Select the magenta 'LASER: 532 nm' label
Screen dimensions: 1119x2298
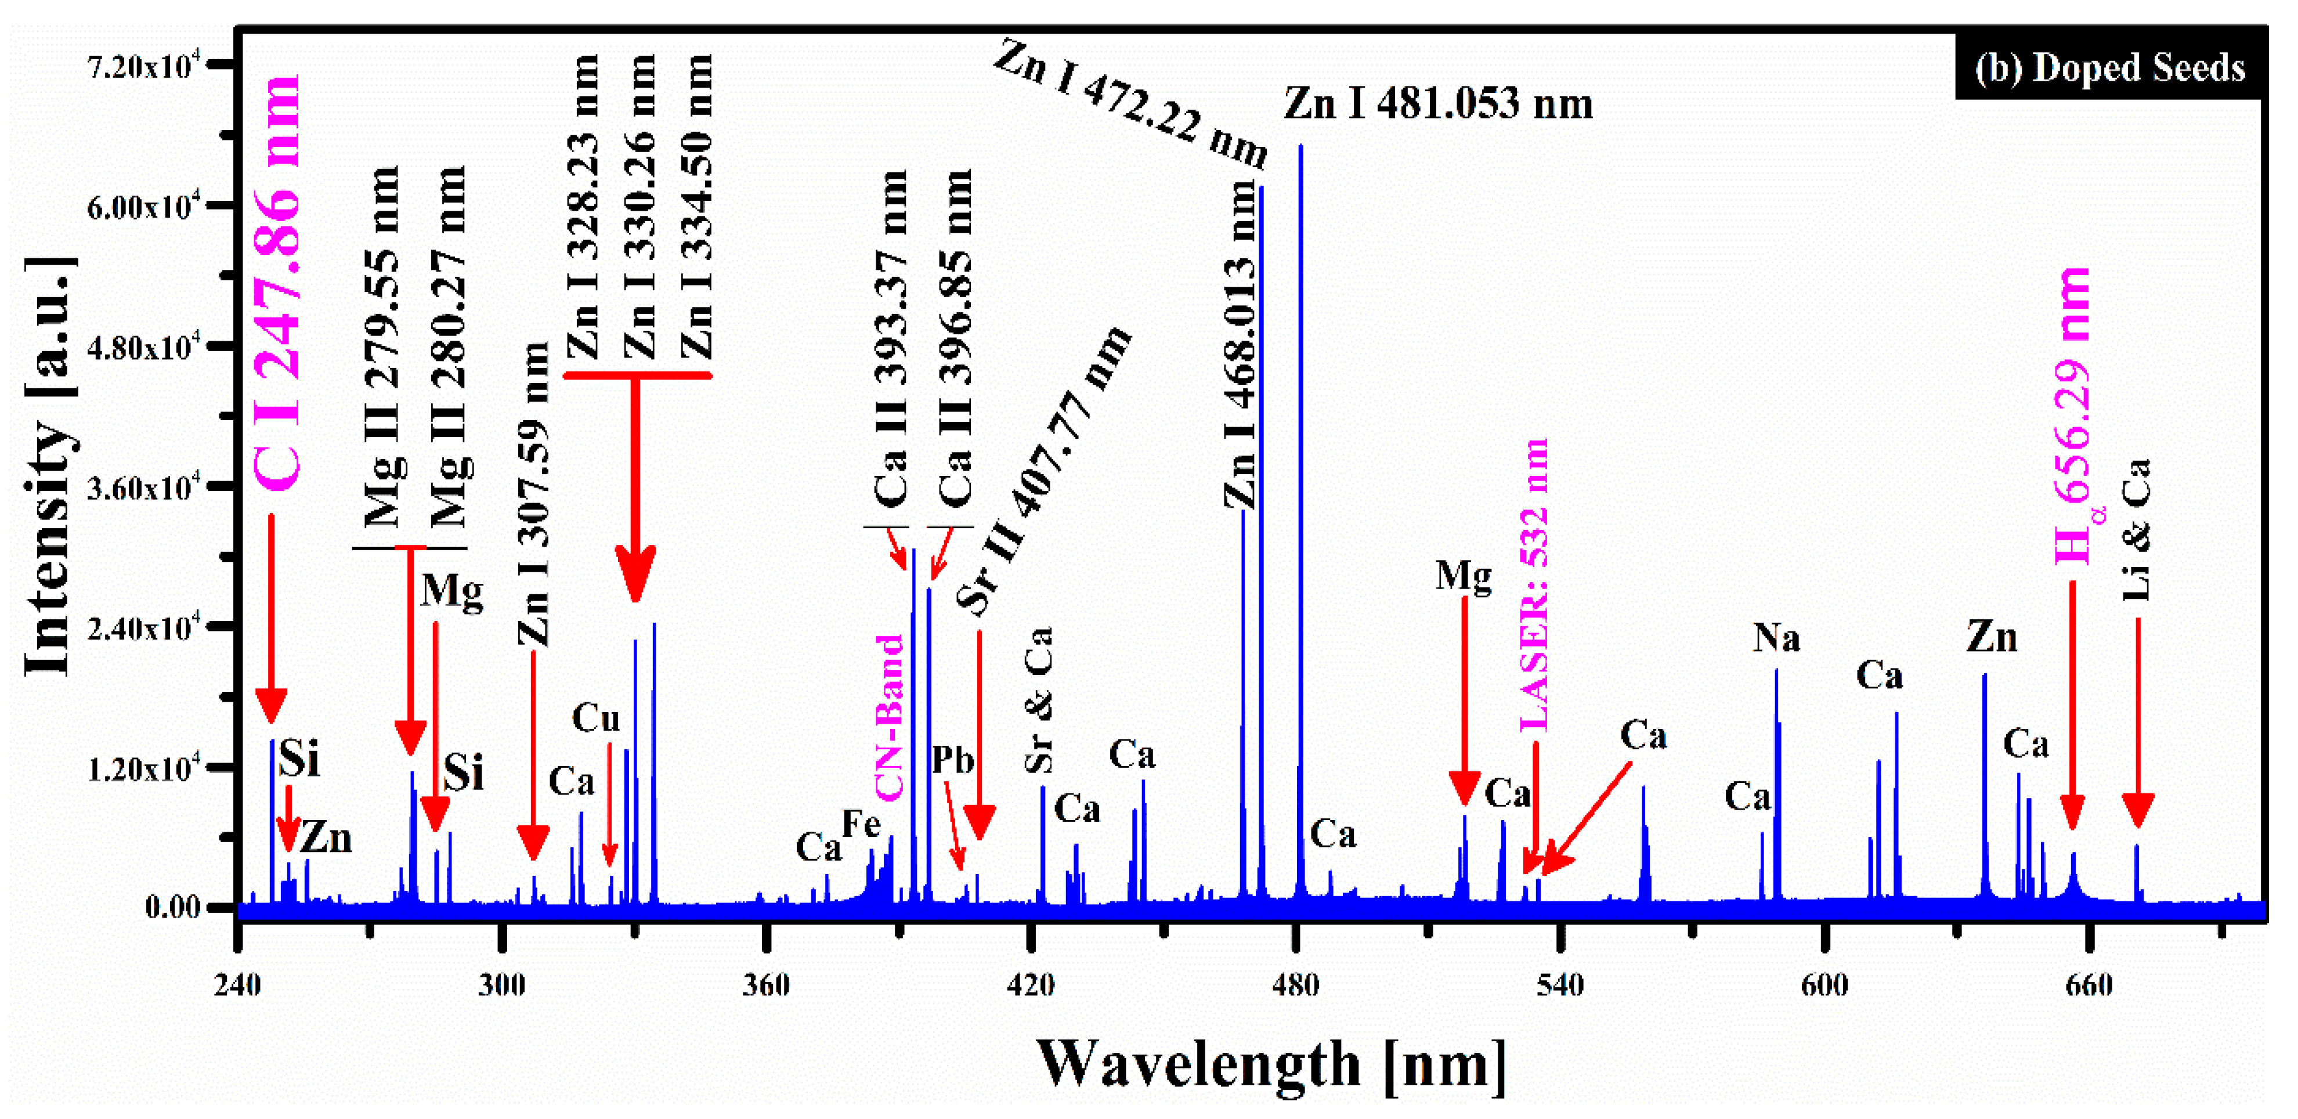(x=1534, y=584)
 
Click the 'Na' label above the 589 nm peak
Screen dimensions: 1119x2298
(x=1776, y=638)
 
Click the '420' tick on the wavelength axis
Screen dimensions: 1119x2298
(x=1031, y=985)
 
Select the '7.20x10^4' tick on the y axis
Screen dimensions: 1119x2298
(x=143, y=66)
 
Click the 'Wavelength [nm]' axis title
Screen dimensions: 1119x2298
(x=1271, y=1064)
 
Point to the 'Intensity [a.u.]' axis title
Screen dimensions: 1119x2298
(x=49, y=467)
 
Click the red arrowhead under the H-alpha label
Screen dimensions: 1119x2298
(x=2072, y=813)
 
